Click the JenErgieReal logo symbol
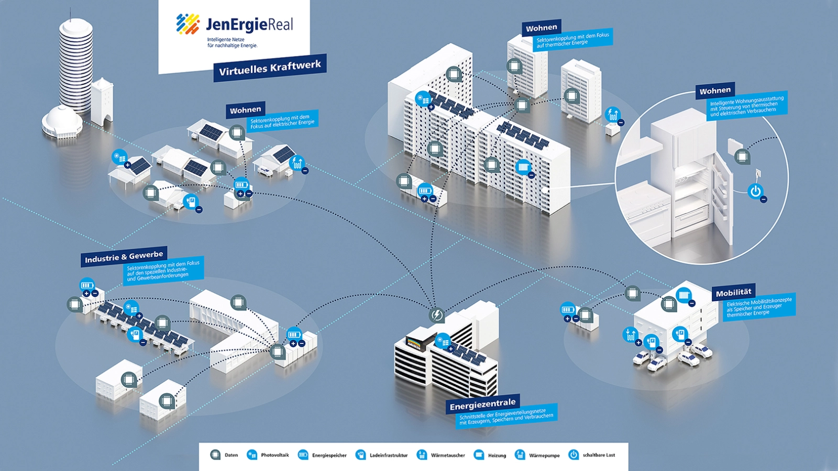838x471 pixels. click(188, 24)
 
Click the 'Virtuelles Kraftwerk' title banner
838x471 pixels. click(270, 68)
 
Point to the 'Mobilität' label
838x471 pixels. click(733, 293)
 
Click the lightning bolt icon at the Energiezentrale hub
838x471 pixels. click(436, 315)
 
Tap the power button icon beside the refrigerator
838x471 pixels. click(755, 192)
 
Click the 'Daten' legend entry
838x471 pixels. click(224, 455)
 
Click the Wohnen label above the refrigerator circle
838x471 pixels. click(715, 91)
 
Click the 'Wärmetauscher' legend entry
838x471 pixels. click(441, 455)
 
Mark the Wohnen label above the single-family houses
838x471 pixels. click(245, 110)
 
